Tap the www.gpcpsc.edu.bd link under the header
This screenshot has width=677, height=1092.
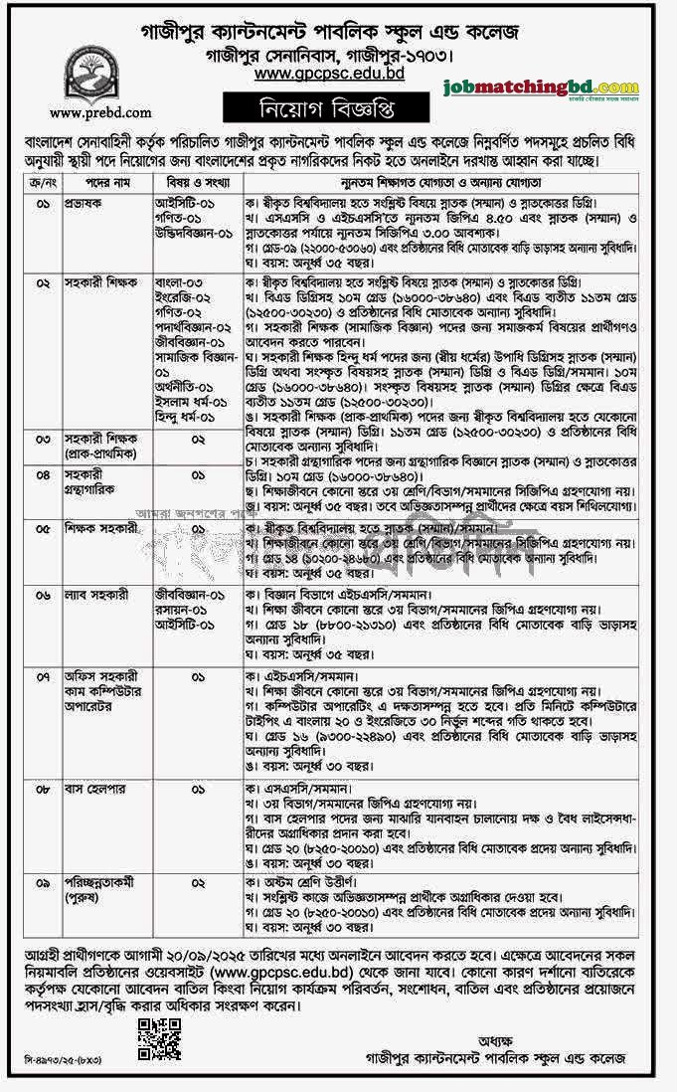point(328,73)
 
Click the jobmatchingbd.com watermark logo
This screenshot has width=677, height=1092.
point(542,89)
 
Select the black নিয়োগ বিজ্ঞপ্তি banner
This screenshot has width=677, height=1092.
point(328,105)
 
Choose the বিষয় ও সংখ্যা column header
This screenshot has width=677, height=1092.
point(191,184)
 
